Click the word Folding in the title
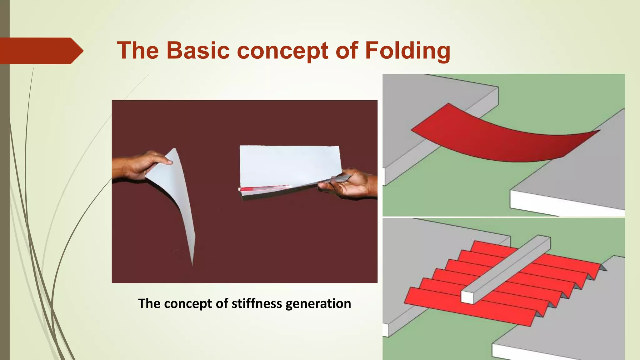(x=407, y=51)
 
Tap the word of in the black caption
(x=222, y=303)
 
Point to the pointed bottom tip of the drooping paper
(x=192, y=264)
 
